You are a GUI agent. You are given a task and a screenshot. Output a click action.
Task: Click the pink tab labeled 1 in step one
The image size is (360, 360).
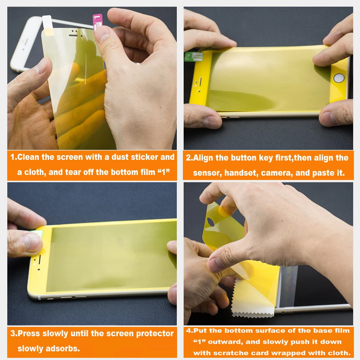(x=98, y=20)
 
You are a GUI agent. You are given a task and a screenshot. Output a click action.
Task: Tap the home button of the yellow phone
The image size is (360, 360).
(x=338, y=78)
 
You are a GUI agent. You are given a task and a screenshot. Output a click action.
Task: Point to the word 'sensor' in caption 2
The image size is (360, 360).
(x=207, y=173)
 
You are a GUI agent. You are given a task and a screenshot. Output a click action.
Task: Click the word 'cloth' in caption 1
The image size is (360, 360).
(x=35, y=172)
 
